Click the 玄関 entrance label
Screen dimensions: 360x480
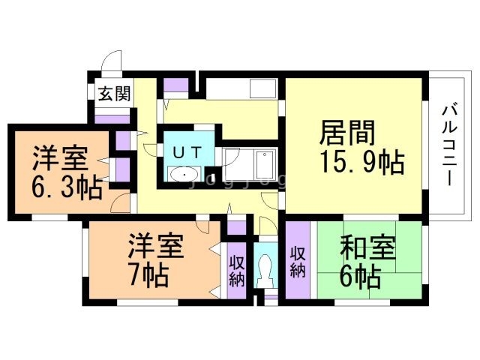(x=115, y=94)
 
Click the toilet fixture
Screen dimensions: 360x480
(x=264, y=268)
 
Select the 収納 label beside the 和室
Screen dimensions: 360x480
(x=298, y=261)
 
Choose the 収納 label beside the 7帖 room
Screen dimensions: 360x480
(x=237, y=269)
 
